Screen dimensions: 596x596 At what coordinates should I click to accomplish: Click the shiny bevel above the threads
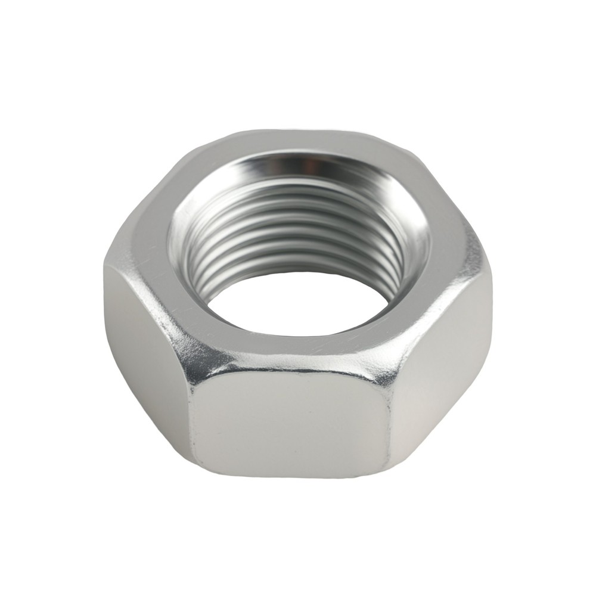298,167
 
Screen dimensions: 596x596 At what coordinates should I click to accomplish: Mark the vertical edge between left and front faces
190,417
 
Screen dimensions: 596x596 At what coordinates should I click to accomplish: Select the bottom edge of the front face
292,475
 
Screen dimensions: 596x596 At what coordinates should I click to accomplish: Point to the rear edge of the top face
298,132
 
